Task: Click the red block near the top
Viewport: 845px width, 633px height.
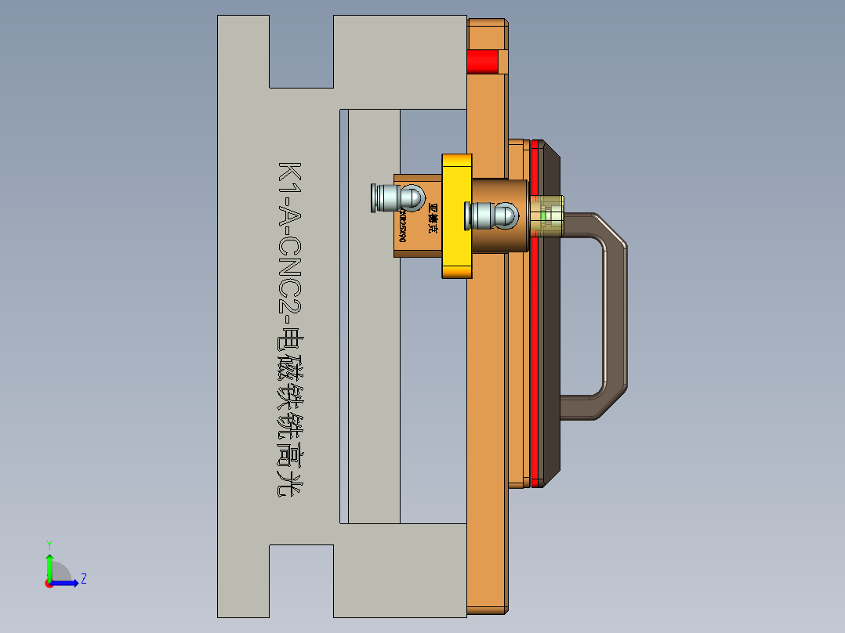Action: [482, 61]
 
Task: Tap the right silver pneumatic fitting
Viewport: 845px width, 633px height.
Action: [481, 214]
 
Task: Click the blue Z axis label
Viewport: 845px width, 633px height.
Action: [83, 579]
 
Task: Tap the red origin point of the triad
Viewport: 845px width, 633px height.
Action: [49, 583]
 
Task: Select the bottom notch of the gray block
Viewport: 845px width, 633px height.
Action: [302, 580]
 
